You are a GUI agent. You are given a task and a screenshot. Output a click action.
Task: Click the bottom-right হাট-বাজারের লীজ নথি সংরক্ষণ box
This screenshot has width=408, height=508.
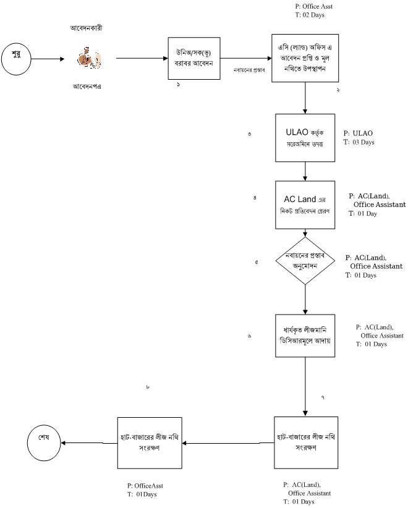coord(306,442)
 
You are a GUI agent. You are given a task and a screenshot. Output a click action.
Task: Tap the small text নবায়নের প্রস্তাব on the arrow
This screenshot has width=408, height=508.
coord(249,70)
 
